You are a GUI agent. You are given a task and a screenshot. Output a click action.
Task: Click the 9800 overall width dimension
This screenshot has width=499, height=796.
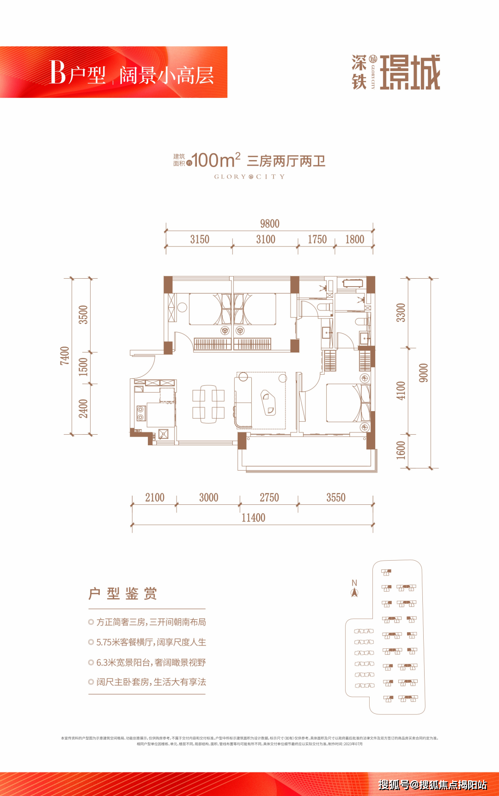click(269, 224)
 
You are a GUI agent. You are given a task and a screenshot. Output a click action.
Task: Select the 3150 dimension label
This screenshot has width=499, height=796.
click(200, 239)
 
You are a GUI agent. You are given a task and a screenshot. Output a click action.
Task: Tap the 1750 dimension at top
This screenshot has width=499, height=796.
click(317, 239)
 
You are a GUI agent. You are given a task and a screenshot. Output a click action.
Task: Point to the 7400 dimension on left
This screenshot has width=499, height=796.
click(65, 356)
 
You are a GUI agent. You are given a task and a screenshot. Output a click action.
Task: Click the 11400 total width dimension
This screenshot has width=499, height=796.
click(253, 518)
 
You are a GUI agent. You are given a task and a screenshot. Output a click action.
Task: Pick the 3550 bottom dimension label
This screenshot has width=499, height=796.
click(336, 497)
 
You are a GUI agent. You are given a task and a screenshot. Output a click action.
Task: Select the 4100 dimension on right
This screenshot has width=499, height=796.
click(401, 390)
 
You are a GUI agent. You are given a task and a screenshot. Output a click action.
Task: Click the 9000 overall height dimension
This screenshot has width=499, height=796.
click(423, 373)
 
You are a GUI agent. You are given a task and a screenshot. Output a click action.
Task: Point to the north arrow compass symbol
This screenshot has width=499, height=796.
click(354, 589)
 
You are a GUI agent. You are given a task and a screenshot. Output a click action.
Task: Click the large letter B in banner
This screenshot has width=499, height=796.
click(58, 73)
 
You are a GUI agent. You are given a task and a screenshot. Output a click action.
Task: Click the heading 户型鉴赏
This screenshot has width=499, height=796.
click(123, 593)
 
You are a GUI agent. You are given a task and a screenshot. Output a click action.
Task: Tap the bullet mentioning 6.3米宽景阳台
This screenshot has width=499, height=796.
click(147, 663)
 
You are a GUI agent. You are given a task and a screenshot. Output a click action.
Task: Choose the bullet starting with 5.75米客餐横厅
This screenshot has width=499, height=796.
click(147, 642)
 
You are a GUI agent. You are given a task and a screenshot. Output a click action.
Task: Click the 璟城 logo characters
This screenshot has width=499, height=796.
click(410, 72)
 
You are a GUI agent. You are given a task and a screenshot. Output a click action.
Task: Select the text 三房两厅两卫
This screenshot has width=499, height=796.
click(286, 161)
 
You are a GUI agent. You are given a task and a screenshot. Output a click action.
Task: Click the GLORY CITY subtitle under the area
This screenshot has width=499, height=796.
click(249, 177)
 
